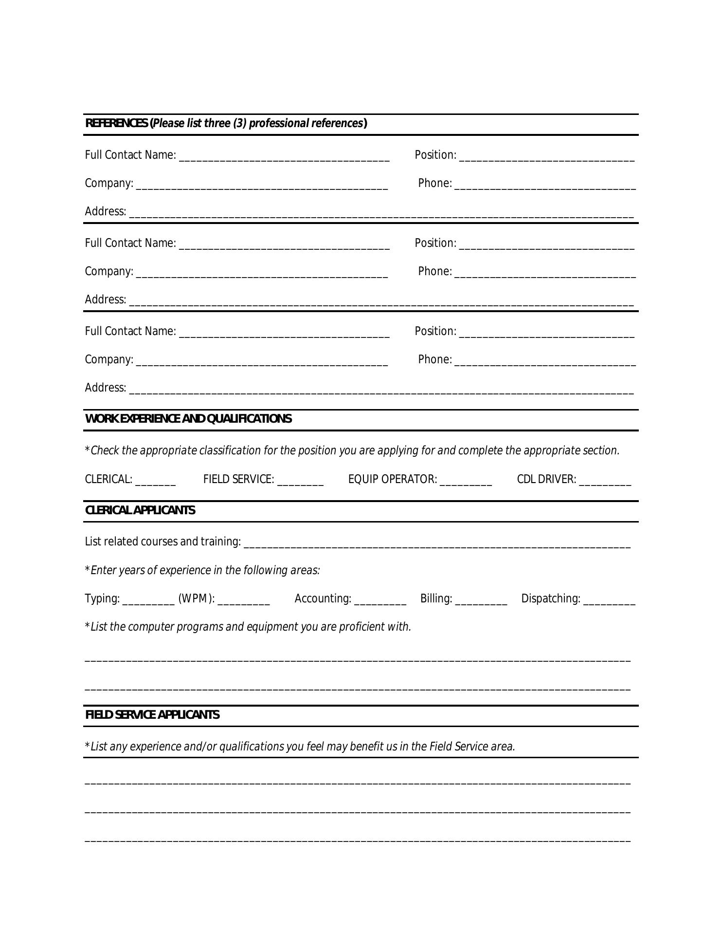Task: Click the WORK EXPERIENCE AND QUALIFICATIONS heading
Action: click(x=188, y=419)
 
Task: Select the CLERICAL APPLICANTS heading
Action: click(x=140, y=510)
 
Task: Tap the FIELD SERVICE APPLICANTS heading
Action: click(x=152, y=715)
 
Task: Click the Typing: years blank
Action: click(x=148, y=599)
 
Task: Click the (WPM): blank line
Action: click(x=243, y=599)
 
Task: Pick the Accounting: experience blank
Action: click(x=380, y=599)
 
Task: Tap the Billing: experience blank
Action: click(x=481, y=599)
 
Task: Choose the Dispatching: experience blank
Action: click(x=609, y=599)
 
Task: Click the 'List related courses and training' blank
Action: click(x=436, y=543)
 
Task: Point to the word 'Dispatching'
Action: click(x=550, y=598)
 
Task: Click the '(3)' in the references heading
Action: click(x=239, y=123)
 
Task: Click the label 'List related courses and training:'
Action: click(x=162, y=542)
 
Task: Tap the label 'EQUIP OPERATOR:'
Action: click(x=392, y=480)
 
